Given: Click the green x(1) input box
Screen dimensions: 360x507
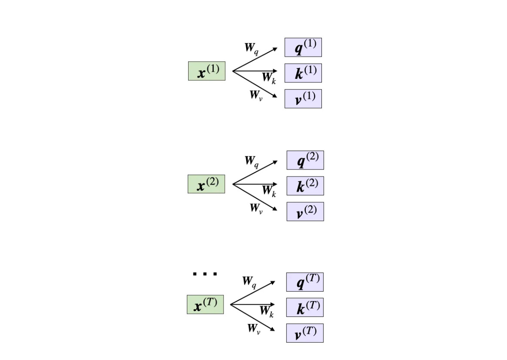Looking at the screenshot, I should tap(206, 71).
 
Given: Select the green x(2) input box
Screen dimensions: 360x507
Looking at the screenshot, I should tap(206, 184).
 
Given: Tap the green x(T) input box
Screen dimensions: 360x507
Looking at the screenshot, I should tap(205, 305).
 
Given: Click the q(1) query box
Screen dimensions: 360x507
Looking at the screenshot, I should tap(303, 47).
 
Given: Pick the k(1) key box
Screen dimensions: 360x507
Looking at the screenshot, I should tap(303, 73).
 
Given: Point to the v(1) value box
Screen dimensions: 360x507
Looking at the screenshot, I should tap(303, 98).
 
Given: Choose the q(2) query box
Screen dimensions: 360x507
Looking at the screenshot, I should tap(305, 160).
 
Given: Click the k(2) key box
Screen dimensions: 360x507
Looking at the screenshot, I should tap(305, 186).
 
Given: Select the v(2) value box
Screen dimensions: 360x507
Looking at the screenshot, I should tap(305, 211).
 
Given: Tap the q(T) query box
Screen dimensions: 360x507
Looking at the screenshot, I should tap(304, 282).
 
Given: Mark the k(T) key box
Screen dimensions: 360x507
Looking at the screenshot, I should tap(304, 308).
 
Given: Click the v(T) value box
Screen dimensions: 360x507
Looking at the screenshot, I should tap(304, 333).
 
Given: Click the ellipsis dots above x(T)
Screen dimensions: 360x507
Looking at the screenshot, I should tap(205, 274).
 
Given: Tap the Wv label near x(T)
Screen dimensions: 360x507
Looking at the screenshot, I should tap(254, 329).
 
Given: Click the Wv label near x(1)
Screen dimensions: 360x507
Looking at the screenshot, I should tap(256, 95).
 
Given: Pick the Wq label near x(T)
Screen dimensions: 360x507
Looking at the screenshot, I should tap(249, 282).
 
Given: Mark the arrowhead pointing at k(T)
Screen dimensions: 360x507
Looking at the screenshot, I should tap(273, 304).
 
